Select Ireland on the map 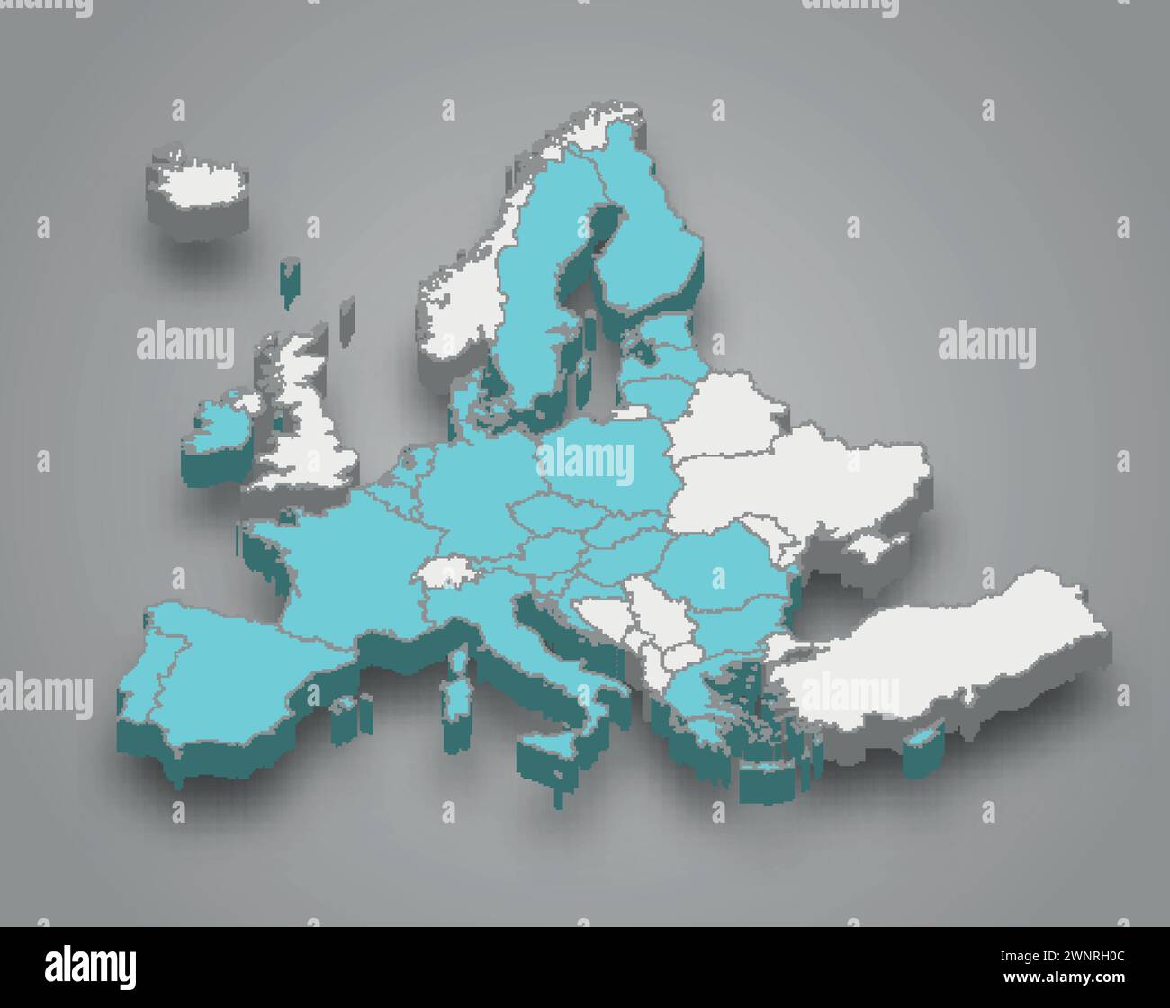pyautogui.click(x=219, y=424)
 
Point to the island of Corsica pyautogui.click(x=459, y=661)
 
